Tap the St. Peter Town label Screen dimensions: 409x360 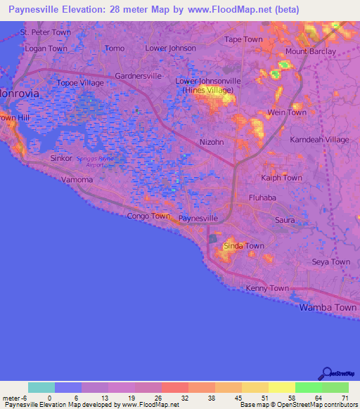click(46, 32)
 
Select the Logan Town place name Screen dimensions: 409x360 click(46, 48)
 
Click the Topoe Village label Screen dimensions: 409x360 click(80, 83)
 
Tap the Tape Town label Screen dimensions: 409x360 click(243, 39)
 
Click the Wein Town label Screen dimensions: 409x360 click(287, 112)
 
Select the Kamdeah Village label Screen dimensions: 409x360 click(319, 140)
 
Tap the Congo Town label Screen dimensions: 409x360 click(148, 216)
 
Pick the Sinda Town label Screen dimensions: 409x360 click(243, 246)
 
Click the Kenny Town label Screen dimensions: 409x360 click(268, 289)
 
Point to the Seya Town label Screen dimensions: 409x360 click(330, 262)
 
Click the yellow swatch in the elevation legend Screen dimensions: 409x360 click(282, 387)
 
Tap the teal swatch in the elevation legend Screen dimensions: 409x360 click(41, 387)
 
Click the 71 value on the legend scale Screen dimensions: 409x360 click(345, 398)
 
